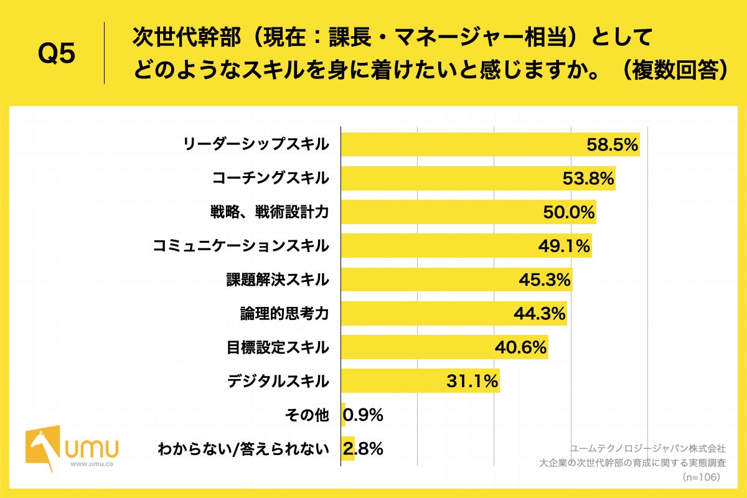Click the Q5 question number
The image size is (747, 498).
(57, 54)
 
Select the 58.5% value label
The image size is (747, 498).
(613, 145)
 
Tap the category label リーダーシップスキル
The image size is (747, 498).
(255, 145)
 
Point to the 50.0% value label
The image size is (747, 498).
(569, 213)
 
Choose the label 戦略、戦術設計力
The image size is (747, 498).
(269, 213)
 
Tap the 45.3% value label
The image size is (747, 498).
(545, 280)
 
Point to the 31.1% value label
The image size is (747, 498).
(472, 381)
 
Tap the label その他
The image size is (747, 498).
(308, 415)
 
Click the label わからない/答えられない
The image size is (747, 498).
(243, 448)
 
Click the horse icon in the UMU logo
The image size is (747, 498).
(42, 444)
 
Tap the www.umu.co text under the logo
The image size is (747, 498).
(91, 464)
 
